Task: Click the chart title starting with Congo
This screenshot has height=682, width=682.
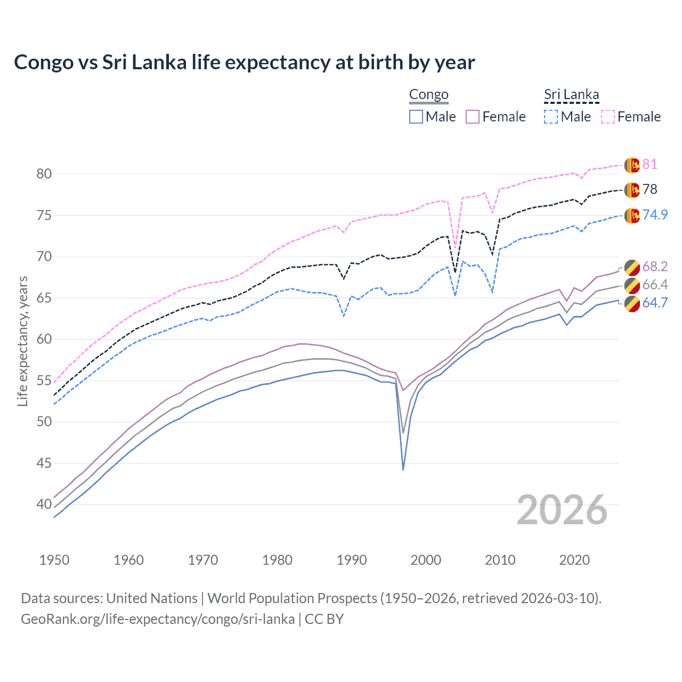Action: coord(244,62)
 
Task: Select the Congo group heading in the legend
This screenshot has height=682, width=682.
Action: coord(428,95)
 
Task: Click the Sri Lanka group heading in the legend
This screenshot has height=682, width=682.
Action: coord(571,95)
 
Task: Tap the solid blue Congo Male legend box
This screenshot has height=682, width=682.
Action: coord(416,117)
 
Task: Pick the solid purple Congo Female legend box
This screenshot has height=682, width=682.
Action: coord(473,117)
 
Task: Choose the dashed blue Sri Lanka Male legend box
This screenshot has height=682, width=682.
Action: coord(551,117)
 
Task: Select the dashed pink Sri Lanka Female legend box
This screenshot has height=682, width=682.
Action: coord(608,117)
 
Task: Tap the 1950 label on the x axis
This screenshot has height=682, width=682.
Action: coord(54,560)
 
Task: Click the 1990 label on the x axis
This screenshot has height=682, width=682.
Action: coord(352,560)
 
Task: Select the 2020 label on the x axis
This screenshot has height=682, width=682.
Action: coord(574,560)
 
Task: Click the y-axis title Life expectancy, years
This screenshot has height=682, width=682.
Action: coord(22,341)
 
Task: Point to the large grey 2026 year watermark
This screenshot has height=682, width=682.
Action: coord(562,510)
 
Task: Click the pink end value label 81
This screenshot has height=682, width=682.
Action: coord(649,164)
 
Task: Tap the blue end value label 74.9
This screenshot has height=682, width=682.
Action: coord(655,215)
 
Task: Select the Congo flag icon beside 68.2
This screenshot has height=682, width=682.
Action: coord(631,267)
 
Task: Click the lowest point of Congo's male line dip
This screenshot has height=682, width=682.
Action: coord(403,469)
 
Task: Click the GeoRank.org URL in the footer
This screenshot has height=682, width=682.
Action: coord(158,619)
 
